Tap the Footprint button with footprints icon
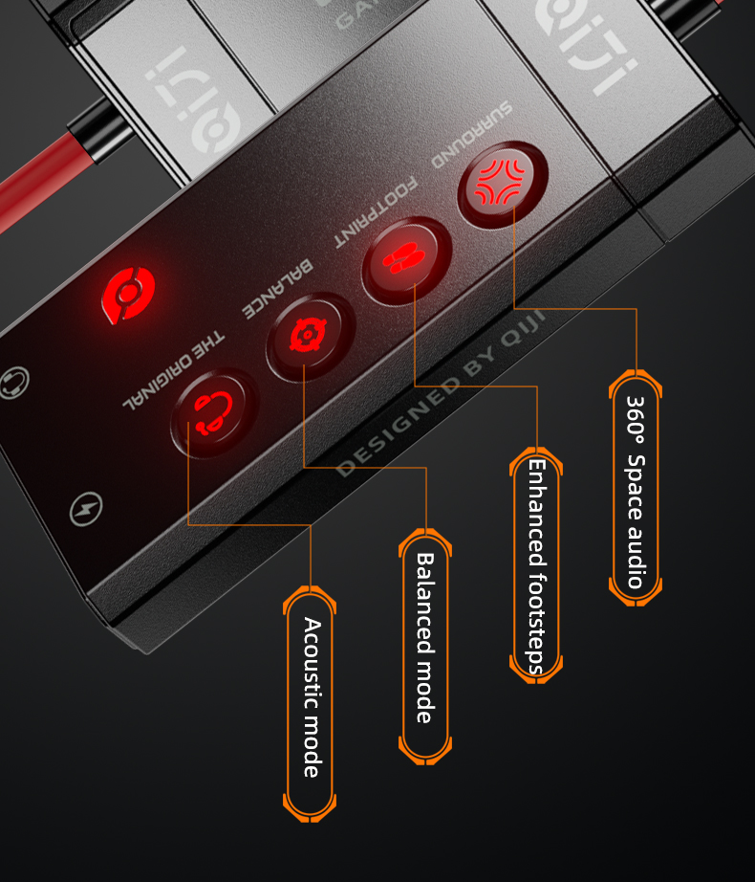[406, 261]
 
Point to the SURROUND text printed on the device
[472, 134]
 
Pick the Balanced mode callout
[424, 637]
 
